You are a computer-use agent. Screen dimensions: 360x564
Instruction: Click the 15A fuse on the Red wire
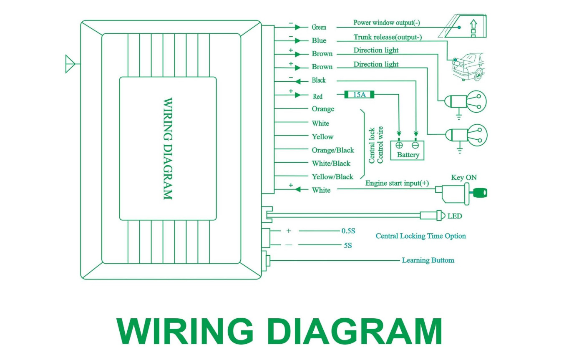359,95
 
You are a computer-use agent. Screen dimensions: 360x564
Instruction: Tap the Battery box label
408,155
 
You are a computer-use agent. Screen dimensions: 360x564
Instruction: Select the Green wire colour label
319,27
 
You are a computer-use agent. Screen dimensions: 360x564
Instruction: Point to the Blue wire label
319,40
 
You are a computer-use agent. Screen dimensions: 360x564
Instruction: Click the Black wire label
319,80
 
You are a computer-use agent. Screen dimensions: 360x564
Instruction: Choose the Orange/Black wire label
333,150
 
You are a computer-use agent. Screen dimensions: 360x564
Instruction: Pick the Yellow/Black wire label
332,177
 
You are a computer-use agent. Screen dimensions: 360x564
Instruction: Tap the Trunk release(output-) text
388,37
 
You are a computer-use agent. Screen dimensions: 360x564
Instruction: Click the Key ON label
464,178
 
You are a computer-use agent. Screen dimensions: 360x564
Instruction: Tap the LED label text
455,216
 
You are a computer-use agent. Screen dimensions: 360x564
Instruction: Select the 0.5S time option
348,231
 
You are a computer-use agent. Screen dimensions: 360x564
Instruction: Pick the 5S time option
347,246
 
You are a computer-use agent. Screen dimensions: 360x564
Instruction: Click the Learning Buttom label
428,260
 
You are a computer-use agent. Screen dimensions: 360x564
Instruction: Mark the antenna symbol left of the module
70,64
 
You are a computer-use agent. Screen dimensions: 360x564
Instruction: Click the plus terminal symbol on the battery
399,145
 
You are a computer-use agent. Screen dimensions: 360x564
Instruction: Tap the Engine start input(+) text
397,183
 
